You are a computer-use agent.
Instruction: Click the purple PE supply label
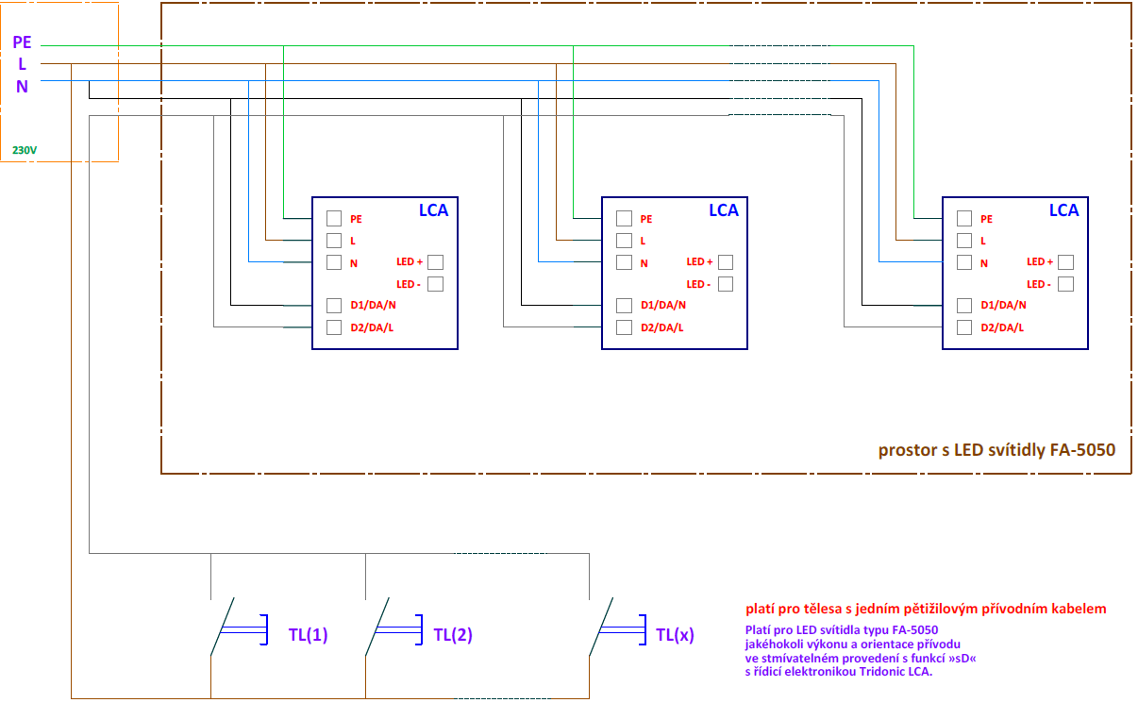(23, 42)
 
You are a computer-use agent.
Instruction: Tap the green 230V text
(25, 150)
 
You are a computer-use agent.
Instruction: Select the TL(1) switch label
(308, 635)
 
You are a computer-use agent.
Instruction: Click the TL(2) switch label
(453, 635)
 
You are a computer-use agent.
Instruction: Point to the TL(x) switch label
(675, 635)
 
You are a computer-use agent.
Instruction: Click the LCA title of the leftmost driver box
(433, 210)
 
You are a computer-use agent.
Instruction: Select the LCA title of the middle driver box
(724, 210)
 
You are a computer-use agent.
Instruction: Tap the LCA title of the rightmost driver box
(1063, 210)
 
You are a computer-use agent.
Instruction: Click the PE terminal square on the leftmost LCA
(334, 218)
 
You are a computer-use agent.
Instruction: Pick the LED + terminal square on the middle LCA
(726, 262)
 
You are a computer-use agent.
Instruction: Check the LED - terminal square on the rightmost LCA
(1065, 284)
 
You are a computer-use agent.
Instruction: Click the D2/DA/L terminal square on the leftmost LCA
(334, 327)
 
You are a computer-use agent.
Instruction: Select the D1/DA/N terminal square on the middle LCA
(624, 306)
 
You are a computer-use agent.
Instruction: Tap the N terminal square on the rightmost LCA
(963, 262)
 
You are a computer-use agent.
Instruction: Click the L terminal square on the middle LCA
(624, 241)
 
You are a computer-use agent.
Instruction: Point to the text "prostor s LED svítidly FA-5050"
(996, 450)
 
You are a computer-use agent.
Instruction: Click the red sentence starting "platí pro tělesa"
(926, 609)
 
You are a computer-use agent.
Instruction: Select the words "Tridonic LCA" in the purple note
(891, 672)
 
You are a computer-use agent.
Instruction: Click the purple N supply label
(23, 87)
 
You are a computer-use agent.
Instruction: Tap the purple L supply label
(23, 64)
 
